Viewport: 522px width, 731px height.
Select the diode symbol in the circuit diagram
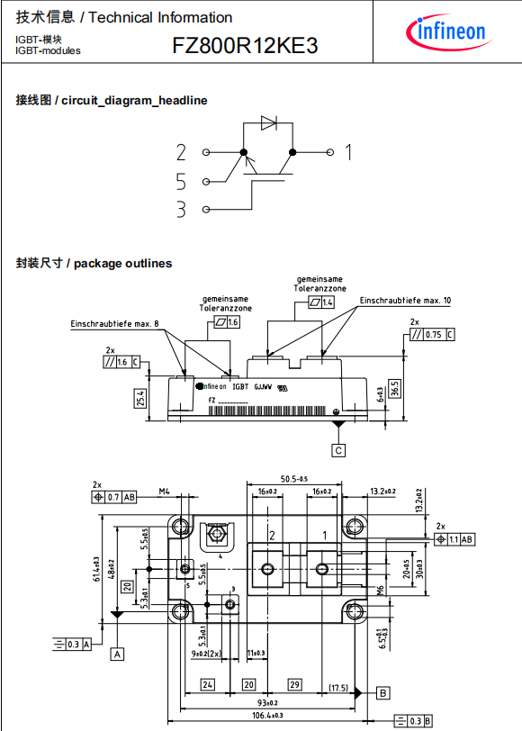(267, 123)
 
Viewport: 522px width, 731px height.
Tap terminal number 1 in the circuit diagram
(348, 152)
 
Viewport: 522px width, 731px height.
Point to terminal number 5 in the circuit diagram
(181, 182)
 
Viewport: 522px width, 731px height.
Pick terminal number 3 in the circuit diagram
(181, 210)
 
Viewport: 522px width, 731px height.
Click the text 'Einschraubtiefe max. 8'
(114, 322)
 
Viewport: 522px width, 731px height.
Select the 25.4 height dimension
(140, 397)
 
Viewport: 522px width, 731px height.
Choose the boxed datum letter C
(338, 449)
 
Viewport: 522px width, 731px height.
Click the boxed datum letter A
(117, 654)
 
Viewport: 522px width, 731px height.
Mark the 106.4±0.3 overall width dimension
(258, 717)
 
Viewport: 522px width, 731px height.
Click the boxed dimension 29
(294, 685)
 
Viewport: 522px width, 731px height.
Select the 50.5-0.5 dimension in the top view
(294, 478)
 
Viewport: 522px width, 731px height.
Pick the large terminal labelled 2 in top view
(268, 569)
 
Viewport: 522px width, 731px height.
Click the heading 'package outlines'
(122, 263)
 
